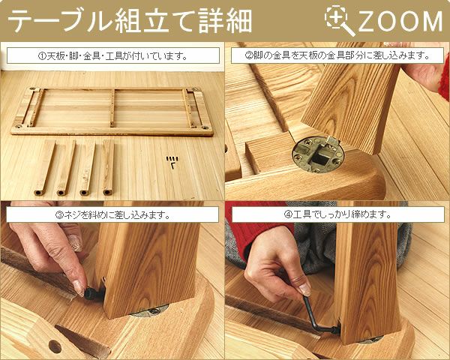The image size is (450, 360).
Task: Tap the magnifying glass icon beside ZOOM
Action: coord(340,21)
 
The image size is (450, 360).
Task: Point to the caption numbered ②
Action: coord(337,56)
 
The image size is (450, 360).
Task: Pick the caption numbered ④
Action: coord(337,214)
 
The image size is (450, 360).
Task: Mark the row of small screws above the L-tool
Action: coord(173,157)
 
